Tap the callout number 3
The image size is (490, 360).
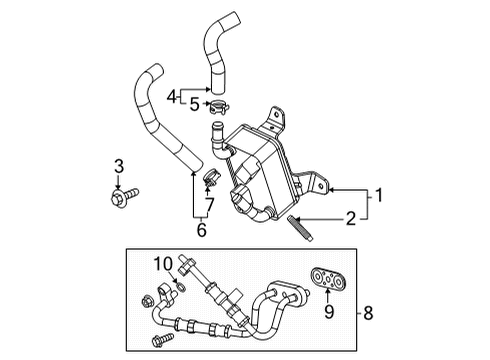(117, 166)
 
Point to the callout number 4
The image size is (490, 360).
(171, 95)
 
